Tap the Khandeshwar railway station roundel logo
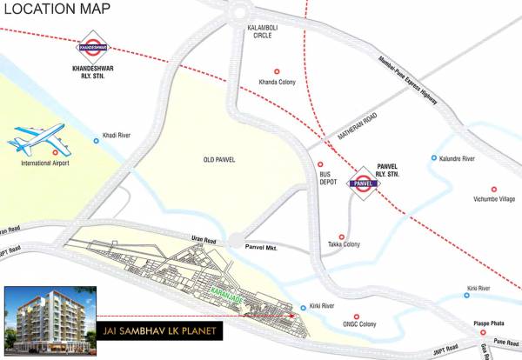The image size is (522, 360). tap(91, 41)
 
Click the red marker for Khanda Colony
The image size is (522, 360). tap(277, 71)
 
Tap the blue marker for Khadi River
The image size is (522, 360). tap(97, 140)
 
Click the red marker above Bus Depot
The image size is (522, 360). tap(320, 163)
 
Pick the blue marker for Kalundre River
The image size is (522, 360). tap(434, 158)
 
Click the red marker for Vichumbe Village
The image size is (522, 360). tap(493, 189)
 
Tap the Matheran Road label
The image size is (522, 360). tap(358, 127)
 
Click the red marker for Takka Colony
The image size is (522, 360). tap(341, 237)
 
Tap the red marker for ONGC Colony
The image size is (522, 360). tap(354, 317)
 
